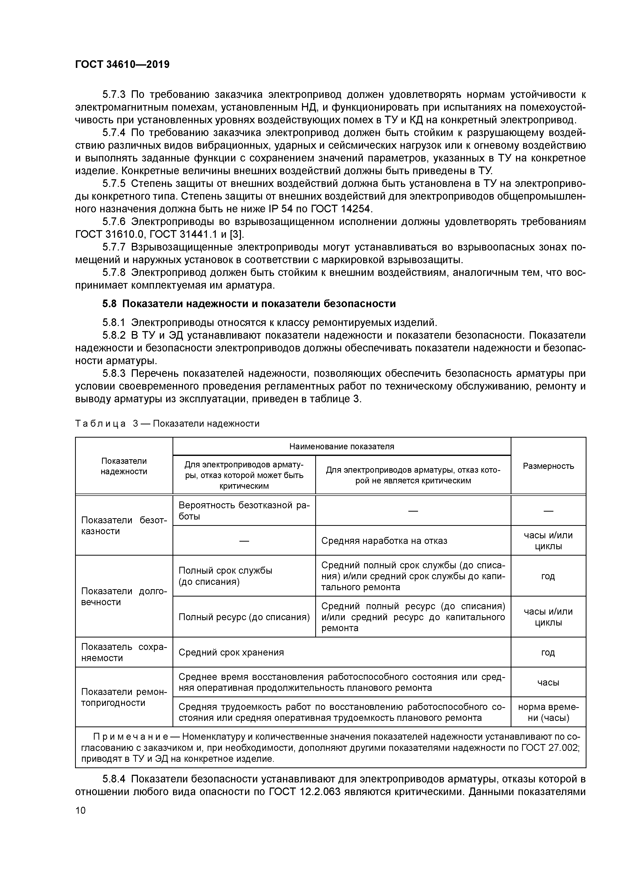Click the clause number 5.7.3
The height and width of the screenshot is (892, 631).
pos(114,94)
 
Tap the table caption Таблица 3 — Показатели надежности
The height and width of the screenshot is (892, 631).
pos(167,423)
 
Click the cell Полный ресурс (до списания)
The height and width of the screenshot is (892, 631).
pos(244,617)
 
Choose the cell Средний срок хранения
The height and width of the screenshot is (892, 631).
pos(231,652)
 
